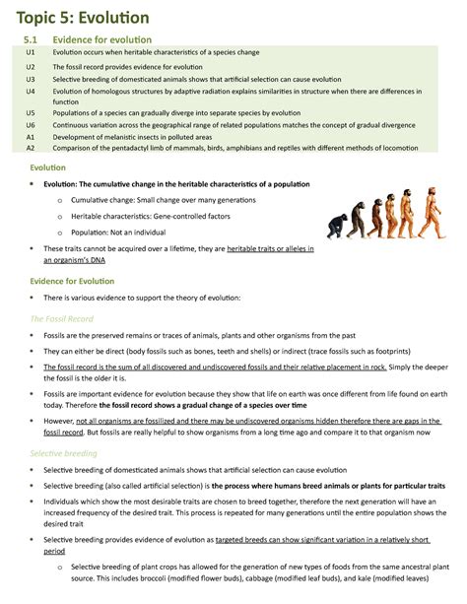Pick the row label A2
(32, 149)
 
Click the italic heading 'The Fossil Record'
(62, 317)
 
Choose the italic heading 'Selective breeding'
(64, 453)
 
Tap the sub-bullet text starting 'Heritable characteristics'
(148, 214)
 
